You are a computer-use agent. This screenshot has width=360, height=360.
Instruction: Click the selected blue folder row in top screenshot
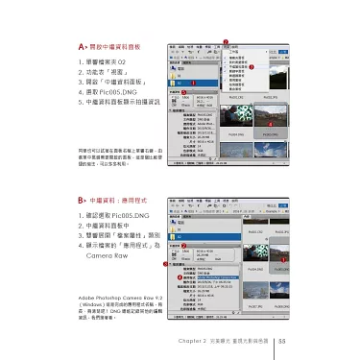click(192, 84)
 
